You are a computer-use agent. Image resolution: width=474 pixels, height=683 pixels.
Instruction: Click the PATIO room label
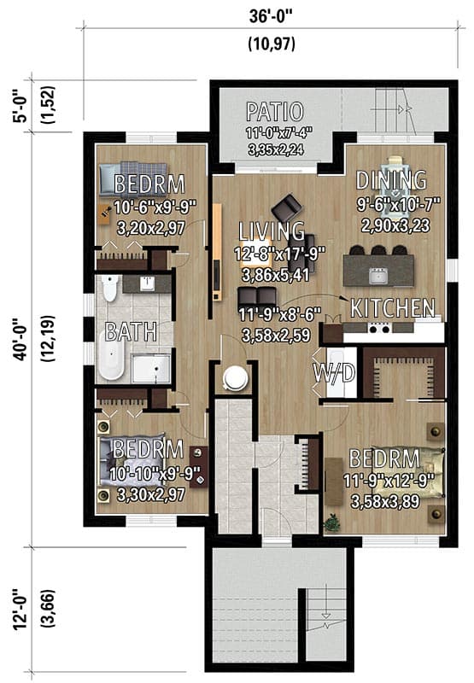click(x=274, y=112)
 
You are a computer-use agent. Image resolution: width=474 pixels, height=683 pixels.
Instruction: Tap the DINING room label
click(x=390, y=180)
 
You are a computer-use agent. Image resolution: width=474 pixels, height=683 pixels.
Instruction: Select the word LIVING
click(x=272, y=231)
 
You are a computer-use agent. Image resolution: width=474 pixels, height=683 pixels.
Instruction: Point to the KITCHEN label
click(x=393, y=308)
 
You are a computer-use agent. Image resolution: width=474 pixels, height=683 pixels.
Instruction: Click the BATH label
click(x=131, y=332)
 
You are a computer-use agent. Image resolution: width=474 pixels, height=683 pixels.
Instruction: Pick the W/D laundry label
click(x=335, y=373)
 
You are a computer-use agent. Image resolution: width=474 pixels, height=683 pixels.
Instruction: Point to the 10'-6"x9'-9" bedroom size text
click(x=155, y=206)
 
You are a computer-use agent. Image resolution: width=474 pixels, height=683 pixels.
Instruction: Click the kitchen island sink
click(x=377, y=274)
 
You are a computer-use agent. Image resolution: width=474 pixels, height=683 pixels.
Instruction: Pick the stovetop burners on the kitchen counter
click(x=378, y=328)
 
